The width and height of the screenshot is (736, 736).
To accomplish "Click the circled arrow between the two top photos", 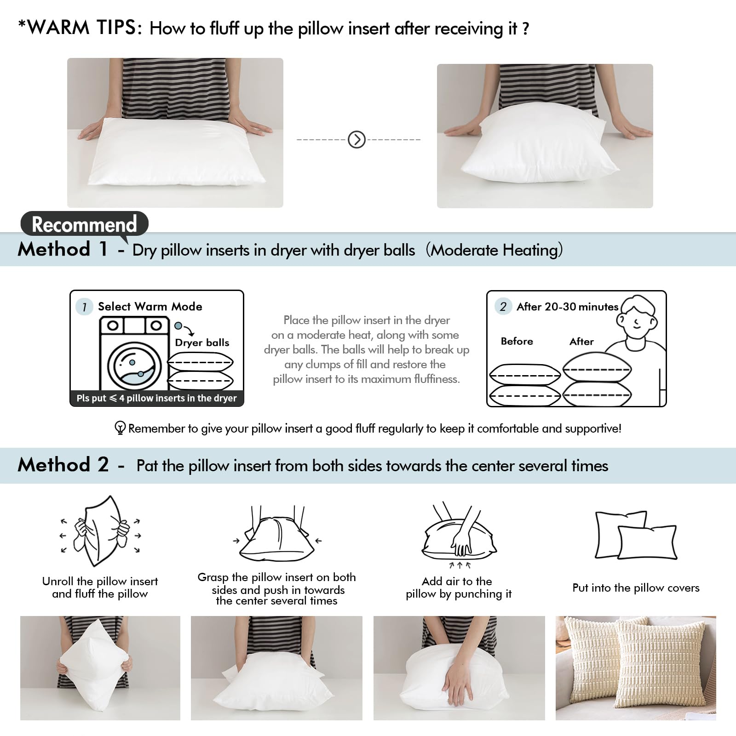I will click(356, 139).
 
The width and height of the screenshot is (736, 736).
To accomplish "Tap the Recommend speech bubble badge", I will click(84, 224).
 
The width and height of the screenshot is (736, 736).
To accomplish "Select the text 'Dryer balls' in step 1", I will click(202, 342).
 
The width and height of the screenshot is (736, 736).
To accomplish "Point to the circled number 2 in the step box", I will click(503, 307).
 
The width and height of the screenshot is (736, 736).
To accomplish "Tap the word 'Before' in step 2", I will click(517, 341).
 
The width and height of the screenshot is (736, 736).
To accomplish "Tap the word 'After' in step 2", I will click(581, 341).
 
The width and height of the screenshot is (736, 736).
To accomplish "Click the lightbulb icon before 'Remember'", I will click(120, 428).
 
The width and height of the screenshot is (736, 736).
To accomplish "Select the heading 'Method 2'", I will click(63, 465).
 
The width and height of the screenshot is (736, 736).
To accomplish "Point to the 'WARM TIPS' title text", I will click(80, 28).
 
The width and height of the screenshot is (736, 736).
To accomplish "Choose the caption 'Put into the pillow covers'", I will click(636, 588).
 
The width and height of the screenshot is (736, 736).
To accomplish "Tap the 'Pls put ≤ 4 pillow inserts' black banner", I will click(156, 398).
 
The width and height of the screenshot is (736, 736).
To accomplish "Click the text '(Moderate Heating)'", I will click(494, 250).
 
